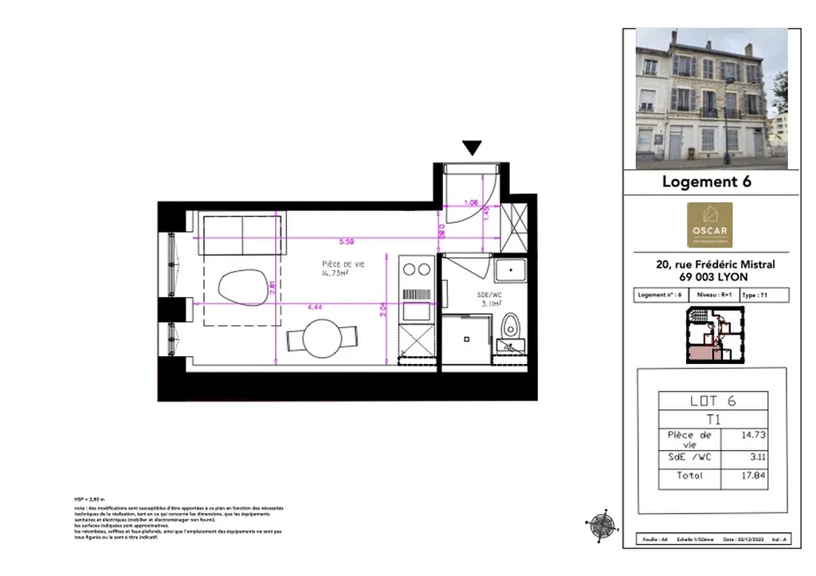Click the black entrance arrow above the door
(473, 147)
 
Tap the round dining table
(322, 339)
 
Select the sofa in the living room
(242, 233)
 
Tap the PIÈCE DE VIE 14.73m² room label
(343, 268)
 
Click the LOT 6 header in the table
(712, 401)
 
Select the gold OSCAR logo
(710, 225)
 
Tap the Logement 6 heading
(706, 182)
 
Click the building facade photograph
(711, 98)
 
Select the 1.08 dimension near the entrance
(470, 202)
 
